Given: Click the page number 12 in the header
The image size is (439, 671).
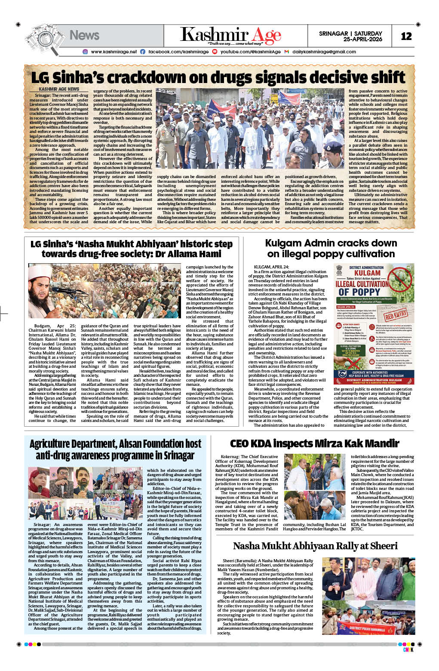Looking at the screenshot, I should coord(406,36).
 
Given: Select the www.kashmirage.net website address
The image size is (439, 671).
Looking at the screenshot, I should coord(114,52).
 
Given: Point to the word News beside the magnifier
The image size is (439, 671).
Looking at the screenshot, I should coord(84,35).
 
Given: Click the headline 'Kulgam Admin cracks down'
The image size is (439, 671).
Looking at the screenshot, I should coord(331,243).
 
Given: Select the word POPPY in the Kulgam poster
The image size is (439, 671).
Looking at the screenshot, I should coord(359,292).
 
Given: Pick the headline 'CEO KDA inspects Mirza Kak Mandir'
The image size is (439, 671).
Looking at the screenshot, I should coord(314,443).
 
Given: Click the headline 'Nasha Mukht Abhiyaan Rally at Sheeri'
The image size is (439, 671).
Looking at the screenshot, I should coord(315,546).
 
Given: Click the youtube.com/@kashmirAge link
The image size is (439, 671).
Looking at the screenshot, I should coord(250,52).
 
